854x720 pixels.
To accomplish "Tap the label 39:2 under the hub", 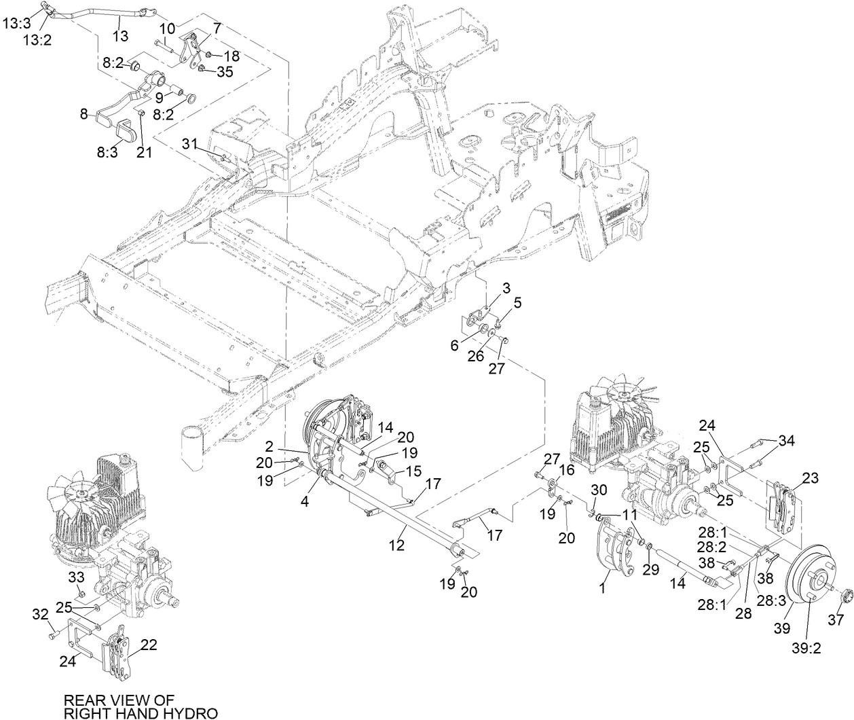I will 806,647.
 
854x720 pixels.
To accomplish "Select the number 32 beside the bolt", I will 41,615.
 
